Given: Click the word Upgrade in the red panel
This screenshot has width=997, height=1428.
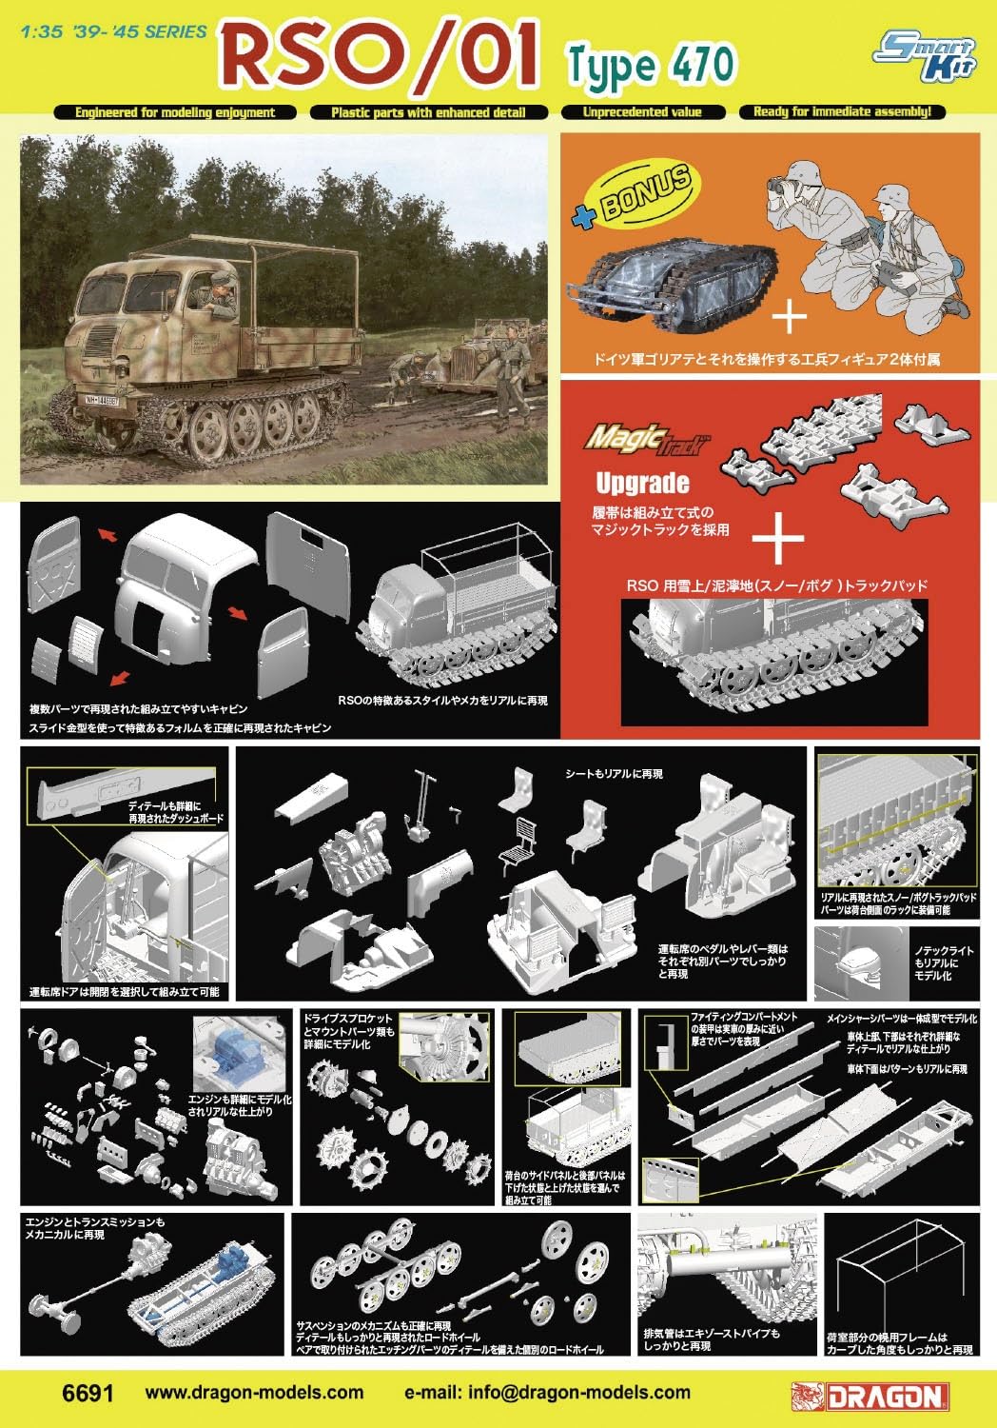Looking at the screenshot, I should [x=642, y=483].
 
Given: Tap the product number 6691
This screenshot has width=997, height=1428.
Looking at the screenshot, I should [x=88, y=1393].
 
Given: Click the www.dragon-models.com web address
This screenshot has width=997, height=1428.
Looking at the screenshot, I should [x=254, y=1393].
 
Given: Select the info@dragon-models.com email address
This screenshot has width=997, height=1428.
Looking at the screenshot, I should [x=547, y=1393].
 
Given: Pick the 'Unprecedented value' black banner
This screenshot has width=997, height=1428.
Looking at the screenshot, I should [x=642, y=112].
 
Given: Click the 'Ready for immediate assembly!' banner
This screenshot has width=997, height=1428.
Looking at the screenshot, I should [x=842, y=112].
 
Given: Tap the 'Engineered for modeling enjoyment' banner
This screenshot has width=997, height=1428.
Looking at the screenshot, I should [x=175, y=112].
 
